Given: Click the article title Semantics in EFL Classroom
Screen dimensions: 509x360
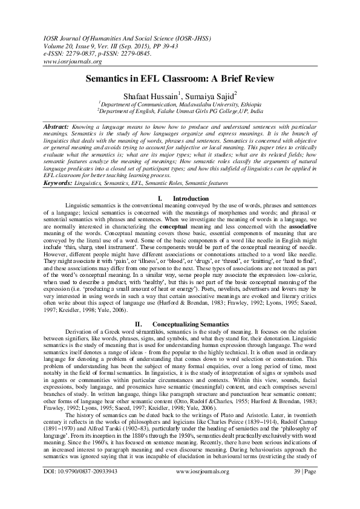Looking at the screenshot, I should point(180,79).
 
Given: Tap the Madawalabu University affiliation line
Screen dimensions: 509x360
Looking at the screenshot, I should point(179,103).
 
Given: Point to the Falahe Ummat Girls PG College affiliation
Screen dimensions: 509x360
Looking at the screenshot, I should point(180,111).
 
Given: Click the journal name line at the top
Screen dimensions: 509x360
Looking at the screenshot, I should point(105,38).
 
